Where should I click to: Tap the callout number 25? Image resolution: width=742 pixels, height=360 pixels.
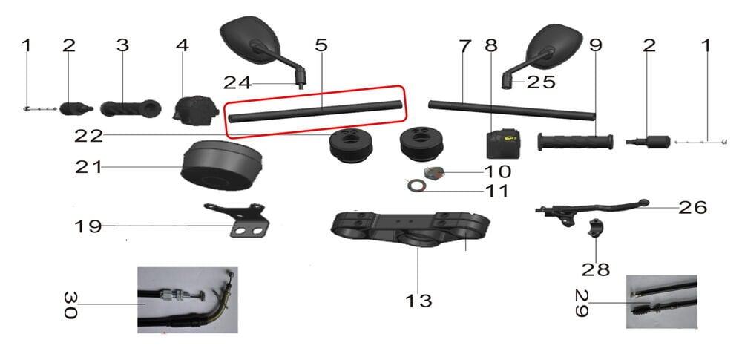pos(541,82)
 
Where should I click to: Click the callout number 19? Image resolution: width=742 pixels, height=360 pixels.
pos(88,226)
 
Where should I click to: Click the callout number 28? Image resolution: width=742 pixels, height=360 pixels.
pos(596,268)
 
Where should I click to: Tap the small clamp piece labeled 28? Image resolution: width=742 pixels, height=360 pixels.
pos(597,230)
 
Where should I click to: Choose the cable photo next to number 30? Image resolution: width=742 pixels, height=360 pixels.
pos(188,300)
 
